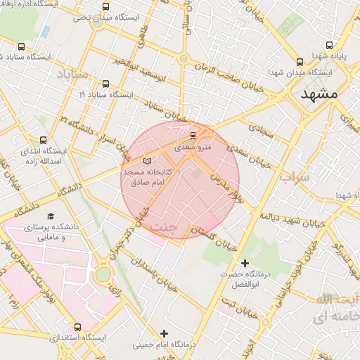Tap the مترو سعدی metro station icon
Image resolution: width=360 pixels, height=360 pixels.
pos(193,135)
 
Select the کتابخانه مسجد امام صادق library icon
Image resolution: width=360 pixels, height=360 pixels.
pos(146,161)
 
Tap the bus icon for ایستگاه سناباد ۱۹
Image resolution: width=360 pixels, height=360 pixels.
pos(105,83)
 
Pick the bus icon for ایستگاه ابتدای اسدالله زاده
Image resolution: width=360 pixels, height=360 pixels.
pos(44,140)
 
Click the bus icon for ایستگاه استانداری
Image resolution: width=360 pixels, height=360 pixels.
pos(77,327)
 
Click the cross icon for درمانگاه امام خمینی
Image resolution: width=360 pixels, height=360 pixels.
pos(165,333)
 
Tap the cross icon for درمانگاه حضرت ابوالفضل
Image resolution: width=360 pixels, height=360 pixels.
pos(245,263)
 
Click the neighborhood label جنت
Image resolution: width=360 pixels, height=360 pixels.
pos(164,226)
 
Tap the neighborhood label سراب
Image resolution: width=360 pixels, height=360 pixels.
pos(293,177)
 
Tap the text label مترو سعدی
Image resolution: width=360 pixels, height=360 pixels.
pos(193,148)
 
